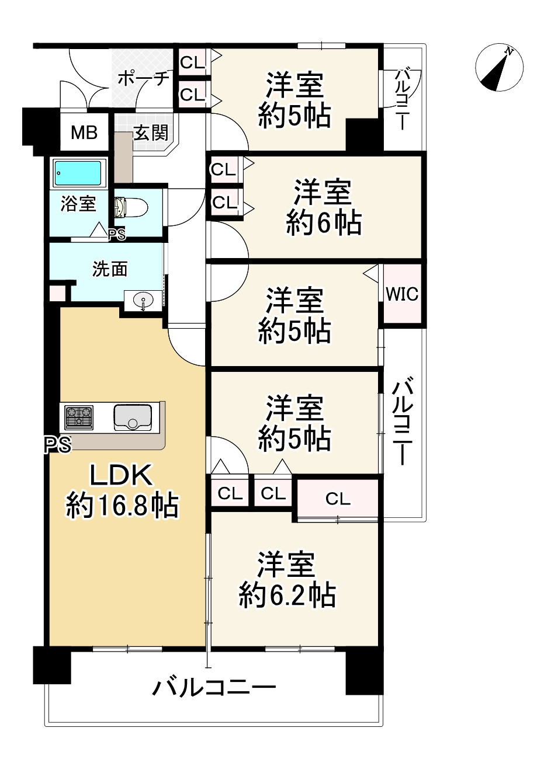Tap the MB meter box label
84,133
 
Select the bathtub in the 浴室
78,173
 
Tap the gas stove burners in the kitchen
79,417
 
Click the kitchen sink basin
133,417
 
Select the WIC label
402,294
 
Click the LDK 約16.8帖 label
122,490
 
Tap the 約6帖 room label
323,207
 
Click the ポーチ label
144,78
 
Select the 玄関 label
151,133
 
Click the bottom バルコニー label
214,687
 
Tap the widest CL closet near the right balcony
338,499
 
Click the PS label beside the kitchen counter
58,445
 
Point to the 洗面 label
110,269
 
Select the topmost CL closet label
193,62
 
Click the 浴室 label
78,204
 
